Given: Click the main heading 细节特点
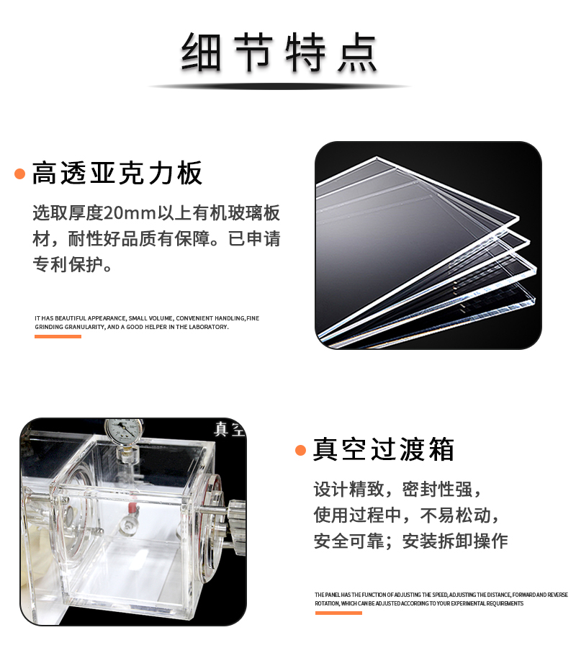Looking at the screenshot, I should click(279, 52).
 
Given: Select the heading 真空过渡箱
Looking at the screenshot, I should click(384, 450).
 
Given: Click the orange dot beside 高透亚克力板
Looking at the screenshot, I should click(20, 174).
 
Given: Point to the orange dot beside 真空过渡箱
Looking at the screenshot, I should click(301, 451).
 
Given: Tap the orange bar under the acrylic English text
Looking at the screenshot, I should click(58, 336).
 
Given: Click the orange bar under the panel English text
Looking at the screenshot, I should click(338, 613).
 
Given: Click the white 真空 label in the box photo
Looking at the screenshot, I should click(229, 429).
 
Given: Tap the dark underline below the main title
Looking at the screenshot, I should click(279, 86).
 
